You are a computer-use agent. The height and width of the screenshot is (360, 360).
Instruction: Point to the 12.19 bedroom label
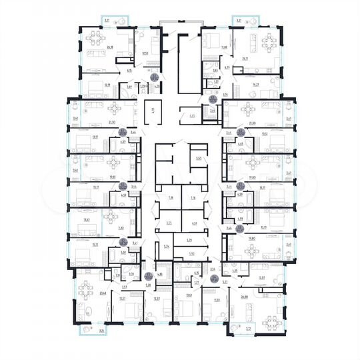coord(89,85)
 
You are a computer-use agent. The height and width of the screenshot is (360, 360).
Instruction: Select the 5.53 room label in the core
coord(198,159)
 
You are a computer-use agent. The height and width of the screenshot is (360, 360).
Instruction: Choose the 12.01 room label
coord(263,277)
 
